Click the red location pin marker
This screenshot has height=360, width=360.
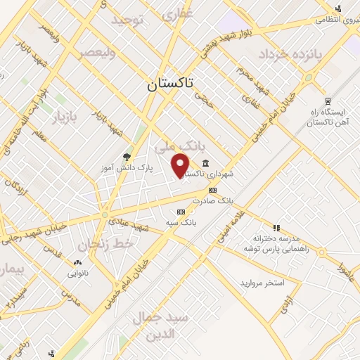[181, 165]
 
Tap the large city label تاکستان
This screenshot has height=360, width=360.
[173, 86]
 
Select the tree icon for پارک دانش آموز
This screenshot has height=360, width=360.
[127, 157]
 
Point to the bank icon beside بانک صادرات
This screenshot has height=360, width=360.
[212, 190]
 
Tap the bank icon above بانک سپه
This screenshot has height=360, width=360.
[181, 212]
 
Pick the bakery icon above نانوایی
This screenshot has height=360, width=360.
[78, 259]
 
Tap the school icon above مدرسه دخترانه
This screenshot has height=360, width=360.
[276, 228]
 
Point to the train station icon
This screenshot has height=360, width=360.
[327, 101]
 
